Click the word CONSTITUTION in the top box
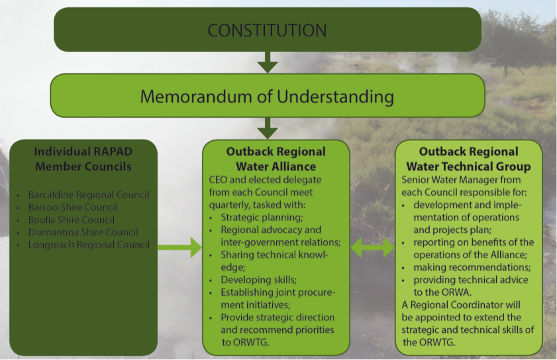click(x=267, y=30)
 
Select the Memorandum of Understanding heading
click(x=267, y=97)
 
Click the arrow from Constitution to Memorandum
click(x=268, y=62)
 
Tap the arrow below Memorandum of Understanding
click(x=268, y=128)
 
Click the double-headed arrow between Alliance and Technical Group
click(x=372, y=247)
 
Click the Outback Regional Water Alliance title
click(x=276, y=159)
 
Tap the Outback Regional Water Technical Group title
click(x=468, y=159)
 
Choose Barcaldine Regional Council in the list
click(x=88, y=195)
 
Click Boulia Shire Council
click(x=71, y=220)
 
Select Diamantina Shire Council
click(x=83, y=232)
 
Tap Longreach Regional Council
click(x=88, y=245)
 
